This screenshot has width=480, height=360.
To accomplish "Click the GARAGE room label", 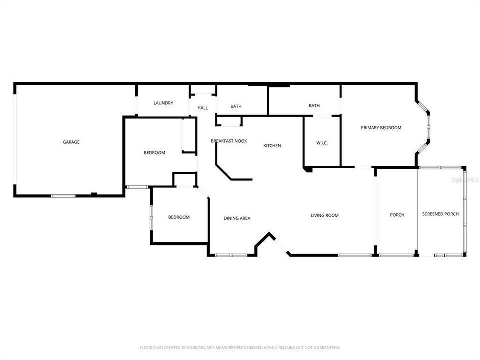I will point(71,142).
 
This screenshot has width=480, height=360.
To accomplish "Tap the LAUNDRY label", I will point(163,103).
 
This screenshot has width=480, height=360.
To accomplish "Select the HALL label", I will point(202,108).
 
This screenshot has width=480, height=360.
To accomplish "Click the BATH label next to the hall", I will point(236,106).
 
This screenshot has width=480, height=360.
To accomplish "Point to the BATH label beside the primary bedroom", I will point(314,106).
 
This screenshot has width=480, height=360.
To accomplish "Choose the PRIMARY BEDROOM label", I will point(381,128).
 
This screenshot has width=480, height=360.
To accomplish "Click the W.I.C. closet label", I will point(322,143).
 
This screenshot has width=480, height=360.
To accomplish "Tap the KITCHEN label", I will point(272,146).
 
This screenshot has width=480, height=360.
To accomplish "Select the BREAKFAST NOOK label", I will point(229,141).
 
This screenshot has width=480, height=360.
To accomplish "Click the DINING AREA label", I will point(237,218).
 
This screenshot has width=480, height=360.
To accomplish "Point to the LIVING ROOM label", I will point(325,216).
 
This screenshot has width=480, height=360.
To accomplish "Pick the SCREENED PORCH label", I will point(440,214).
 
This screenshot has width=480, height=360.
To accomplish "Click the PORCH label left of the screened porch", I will point(397,215).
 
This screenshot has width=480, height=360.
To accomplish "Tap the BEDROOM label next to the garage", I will point(154,153).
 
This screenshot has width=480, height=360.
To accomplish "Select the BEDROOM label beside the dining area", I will point(179,217).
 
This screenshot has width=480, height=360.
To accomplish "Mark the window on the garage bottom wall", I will point(63,195).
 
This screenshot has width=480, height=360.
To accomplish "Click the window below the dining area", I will point(231,256).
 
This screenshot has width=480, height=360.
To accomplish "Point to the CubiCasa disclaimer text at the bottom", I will point(240,347).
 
